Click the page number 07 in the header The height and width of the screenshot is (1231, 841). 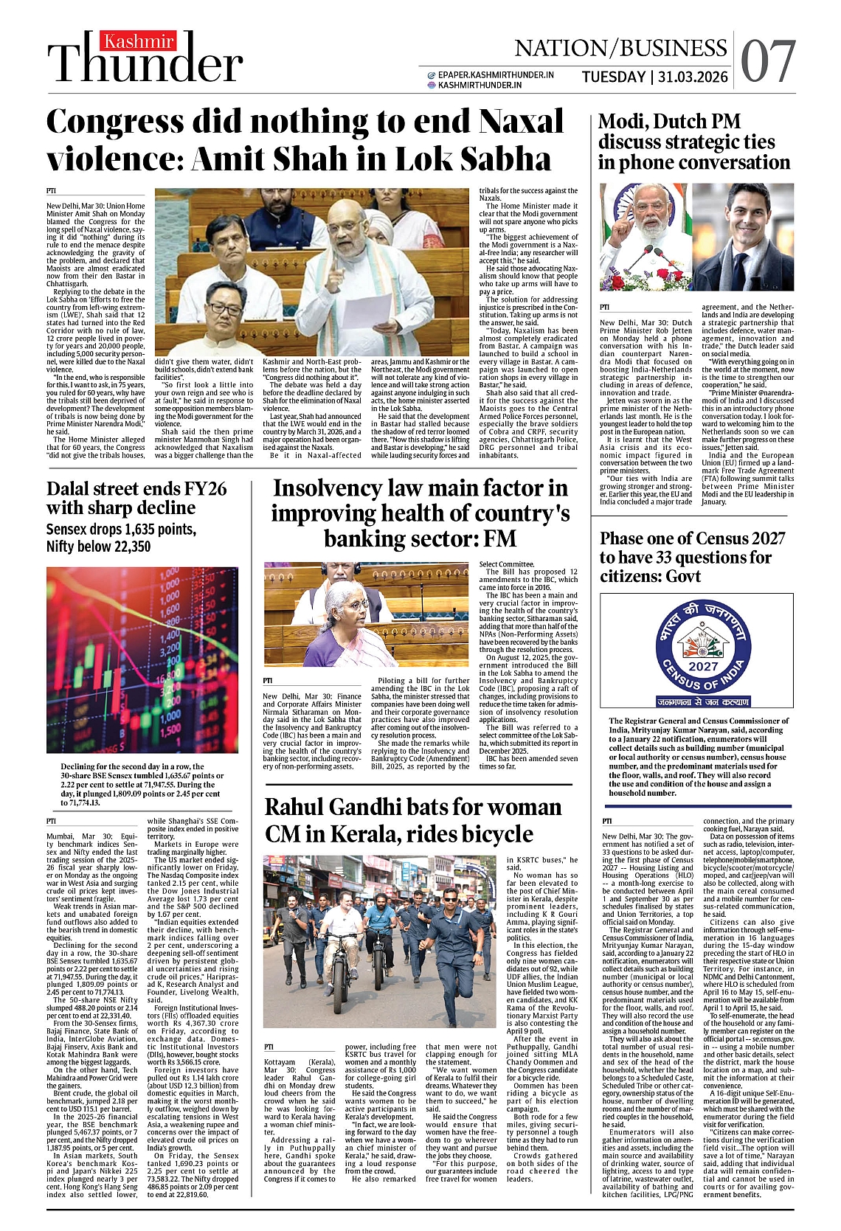(768, 61)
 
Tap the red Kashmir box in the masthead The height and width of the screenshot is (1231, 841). (139, 42)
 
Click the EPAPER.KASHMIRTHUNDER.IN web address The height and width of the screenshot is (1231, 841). (495, 74)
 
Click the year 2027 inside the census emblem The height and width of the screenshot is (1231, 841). (703, 666)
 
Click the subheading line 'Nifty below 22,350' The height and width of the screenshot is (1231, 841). (98, 547)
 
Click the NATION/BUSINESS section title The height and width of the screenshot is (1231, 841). (620, 48)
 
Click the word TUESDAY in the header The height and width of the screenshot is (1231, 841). (613, 77)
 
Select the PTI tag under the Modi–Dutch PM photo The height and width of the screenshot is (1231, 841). (604, 307)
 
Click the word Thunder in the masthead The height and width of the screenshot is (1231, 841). (145, 64)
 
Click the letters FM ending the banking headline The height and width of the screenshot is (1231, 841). (499, 538)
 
